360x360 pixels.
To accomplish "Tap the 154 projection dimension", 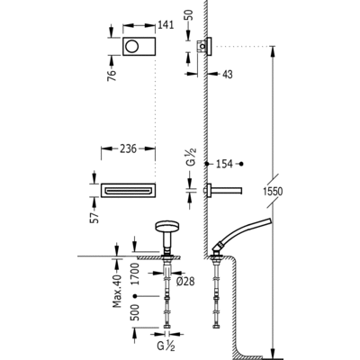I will coord(225,164).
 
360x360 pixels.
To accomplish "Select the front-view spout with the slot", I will coord(128,190).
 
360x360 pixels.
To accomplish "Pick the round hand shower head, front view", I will coord(166,228).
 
